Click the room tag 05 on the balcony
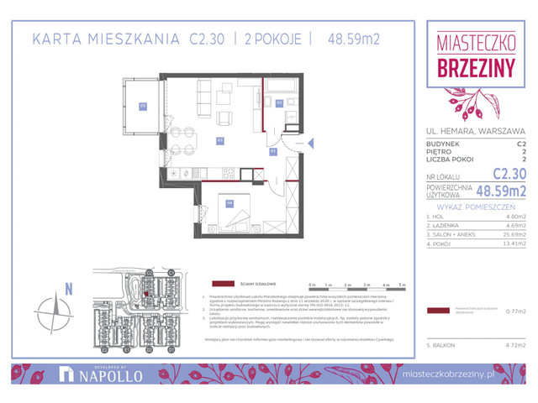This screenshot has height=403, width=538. tap(143, 106)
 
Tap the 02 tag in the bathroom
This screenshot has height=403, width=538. tap(279, 102)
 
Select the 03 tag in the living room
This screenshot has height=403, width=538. tap(219, 139)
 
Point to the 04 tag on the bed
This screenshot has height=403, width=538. tap(229, 201)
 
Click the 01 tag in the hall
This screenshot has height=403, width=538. tap(273, 152)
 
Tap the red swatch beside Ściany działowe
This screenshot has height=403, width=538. tap(222, 284)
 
